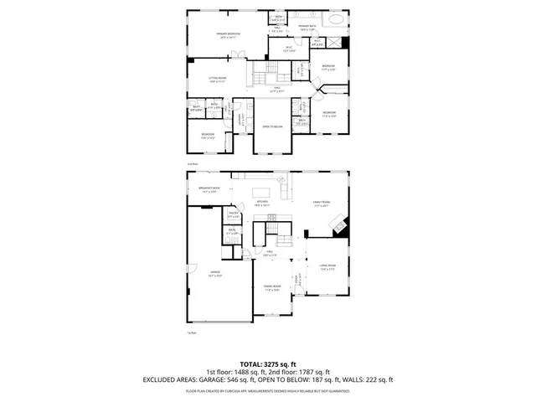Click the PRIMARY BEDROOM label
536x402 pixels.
point(224,35)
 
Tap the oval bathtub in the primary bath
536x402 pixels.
point(334,18)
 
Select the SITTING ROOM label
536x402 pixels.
point(219,80)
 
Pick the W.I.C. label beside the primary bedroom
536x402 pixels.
point(288,49)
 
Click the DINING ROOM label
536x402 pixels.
point(271,289)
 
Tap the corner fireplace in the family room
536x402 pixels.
point(338,225)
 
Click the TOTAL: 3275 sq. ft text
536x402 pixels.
point(267,364)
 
